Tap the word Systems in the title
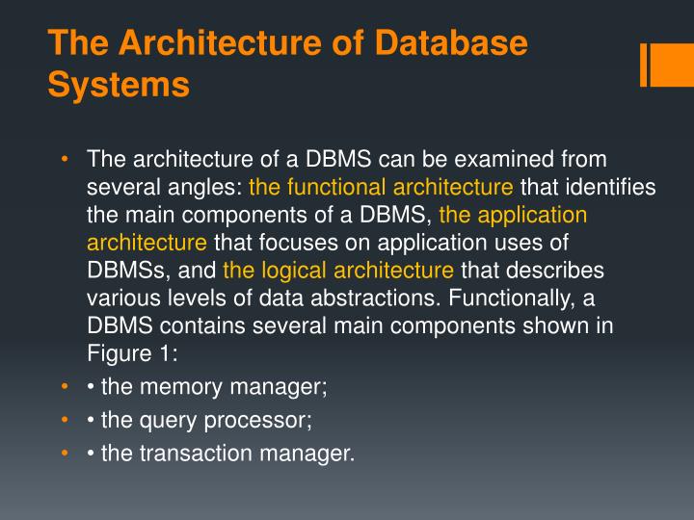click(119, 85)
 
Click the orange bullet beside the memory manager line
click(64, 387)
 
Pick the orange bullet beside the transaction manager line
click(64, 453)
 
